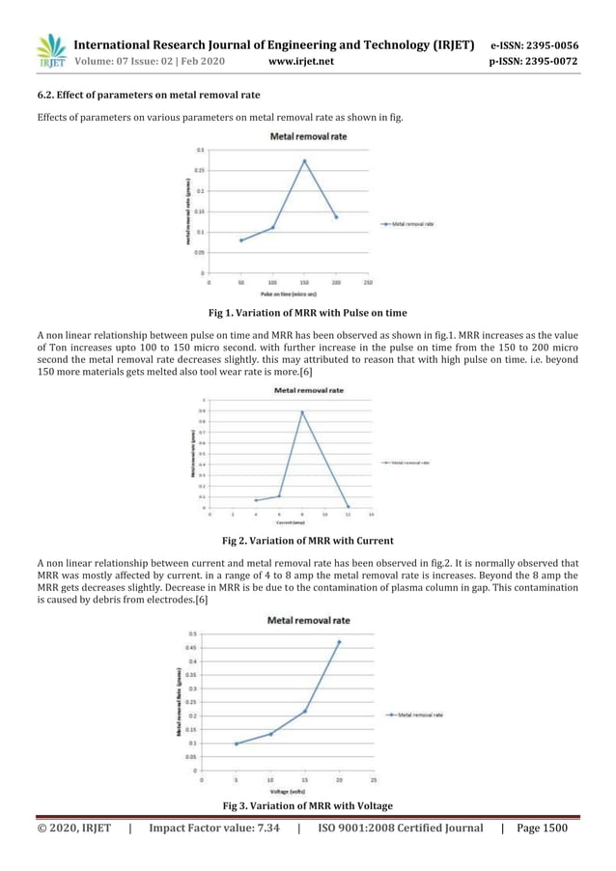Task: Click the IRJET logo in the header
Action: (x=49, y=51)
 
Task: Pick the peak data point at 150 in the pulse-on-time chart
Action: (x=305, y=161)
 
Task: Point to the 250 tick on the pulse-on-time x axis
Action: (x=369, y=283)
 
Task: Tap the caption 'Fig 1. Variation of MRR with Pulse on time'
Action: (x=307, y=313)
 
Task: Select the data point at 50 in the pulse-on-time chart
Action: (x=240, y=240)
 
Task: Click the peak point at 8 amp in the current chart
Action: (x=302, y=412)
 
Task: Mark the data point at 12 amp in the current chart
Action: (x=349, y=506)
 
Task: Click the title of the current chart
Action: (x=309, y=391)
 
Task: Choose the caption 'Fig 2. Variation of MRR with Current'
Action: (x=307, y=540)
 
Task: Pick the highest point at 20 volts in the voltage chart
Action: (x=339, y=641)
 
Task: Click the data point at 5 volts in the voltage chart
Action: (x=236, y=744)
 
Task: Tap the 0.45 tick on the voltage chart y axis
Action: (x=192, y=647)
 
